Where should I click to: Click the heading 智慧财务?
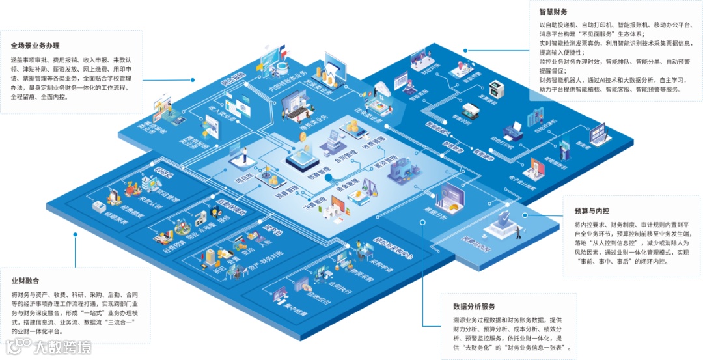coord(553,12)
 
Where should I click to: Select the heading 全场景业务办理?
coord(35,46)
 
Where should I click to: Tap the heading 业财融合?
coord(25,281)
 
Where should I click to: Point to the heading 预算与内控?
coord(592,211)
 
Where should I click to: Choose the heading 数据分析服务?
coord(474,307)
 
